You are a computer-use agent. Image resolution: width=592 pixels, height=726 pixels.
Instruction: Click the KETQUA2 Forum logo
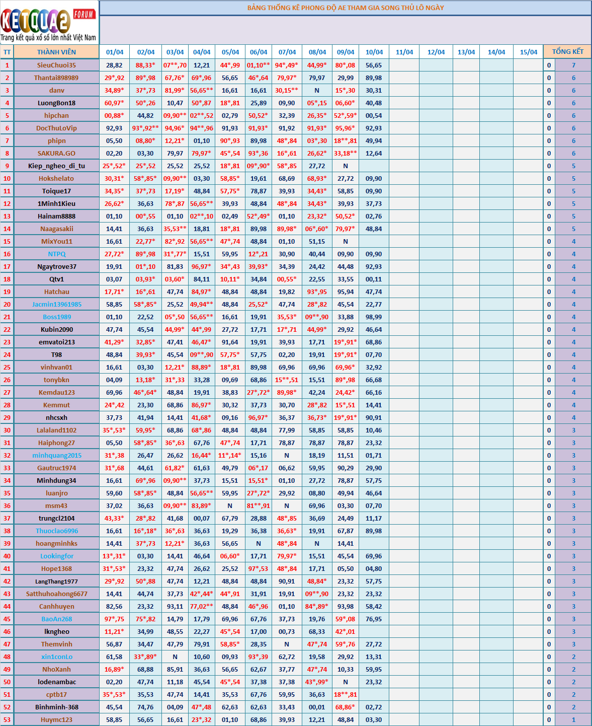[x=49, y=23]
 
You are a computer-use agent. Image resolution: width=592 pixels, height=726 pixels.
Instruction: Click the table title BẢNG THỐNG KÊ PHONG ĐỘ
[x=345, y=8]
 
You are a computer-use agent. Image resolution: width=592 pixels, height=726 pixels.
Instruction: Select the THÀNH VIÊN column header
[x=56, y=52]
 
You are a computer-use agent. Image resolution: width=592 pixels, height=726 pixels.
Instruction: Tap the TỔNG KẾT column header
[x=567, y=51]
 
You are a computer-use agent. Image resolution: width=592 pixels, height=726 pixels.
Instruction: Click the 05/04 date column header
[x=230, y=52]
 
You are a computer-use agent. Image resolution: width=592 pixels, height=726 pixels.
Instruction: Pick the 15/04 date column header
[x=528, y=52]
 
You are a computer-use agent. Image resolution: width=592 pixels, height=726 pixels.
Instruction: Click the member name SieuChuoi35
[x=56, y=65]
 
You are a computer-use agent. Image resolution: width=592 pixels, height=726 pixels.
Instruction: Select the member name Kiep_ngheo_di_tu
[x=56, y=166]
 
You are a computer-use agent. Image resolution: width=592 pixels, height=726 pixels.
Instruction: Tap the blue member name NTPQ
[x=56, y=254]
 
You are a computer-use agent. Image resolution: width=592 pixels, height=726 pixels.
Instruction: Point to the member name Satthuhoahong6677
[x=56, y=594]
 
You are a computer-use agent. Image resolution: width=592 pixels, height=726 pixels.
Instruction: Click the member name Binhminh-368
[x=56, y=707]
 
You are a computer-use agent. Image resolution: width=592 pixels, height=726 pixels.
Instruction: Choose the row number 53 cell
[x=7, y=719]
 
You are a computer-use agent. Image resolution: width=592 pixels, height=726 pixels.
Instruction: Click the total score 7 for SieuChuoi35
[x=573, y=65]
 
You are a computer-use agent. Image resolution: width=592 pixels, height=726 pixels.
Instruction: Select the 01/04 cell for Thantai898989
[x=114, y=78]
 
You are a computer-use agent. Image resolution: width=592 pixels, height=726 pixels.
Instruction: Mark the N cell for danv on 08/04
[x=317, y=90]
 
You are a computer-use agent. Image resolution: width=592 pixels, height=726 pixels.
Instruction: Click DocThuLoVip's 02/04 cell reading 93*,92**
[x=145, y=128]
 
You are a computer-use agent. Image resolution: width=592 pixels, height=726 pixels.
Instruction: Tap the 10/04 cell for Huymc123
[x=374, y=719]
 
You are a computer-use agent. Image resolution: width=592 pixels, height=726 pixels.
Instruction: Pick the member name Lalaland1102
[x=56, y=430]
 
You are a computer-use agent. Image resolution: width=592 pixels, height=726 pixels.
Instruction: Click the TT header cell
[x=7, y=52]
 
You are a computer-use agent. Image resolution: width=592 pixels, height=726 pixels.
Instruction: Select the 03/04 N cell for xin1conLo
[x=175, y=657]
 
